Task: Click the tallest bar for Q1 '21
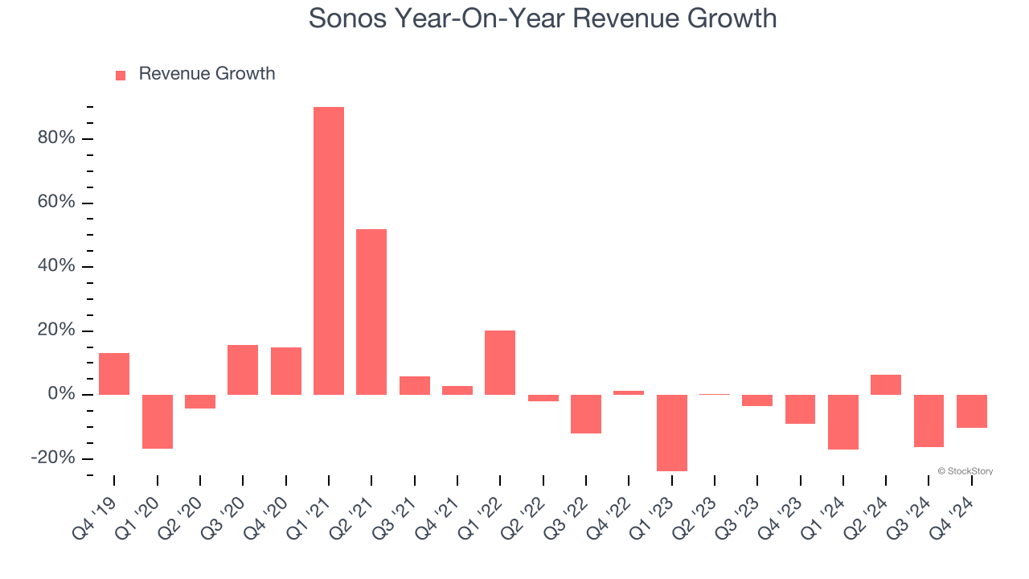[x=329, y=250]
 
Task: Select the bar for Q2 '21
[x=371, y=312]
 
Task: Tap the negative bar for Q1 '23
[x=672, y=433]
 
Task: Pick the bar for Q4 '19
[x=114, y=374]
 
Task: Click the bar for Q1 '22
[x=500, y=363]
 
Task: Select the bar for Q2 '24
[x=886, y=384]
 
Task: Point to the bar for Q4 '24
[x=972, y=411]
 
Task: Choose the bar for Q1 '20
[x=158, y=421]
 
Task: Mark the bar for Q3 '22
[x=586, y=414]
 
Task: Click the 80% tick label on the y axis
[x=56, y=138]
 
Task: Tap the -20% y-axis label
[x=53, y=458]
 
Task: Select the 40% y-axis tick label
[x=56, y=266]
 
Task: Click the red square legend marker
[x=121, y=76]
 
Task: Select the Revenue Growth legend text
[x=207, y=74]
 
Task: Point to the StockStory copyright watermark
[x=965, y=471]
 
